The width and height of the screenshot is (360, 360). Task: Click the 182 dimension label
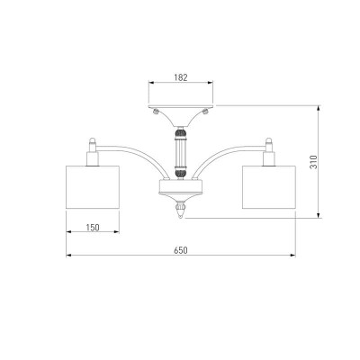181,77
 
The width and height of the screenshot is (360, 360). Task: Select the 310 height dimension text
313,162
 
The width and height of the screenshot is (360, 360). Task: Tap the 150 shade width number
93,228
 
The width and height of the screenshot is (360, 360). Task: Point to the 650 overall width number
181,250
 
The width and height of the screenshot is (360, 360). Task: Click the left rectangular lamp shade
93,187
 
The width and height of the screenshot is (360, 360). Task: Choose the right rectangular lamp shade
269,187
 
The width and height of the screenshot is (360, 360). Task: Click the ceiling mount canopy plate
181,106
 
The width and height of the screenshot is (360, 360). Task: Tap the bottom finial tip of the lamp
181,217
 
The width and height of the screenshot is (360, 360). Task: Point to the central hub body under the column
181,186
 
